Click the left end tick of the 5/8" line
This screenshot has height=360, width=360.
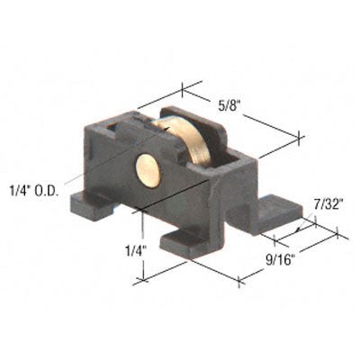[x=184, y=88]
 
